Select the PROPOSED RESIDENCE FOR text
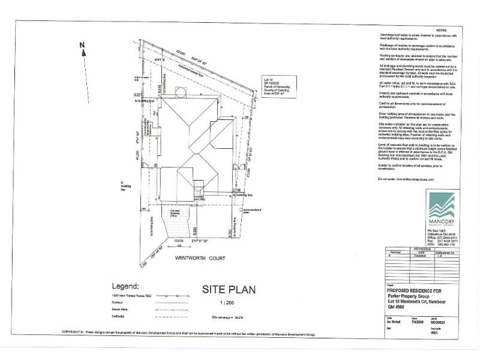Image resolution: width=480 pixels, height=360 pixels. coord(407,289)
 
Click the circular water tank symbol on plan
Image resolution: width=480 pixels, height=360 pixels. coord(178,92)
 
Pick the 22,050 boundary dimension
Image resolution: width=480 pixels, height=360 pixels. coord(173,54)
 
